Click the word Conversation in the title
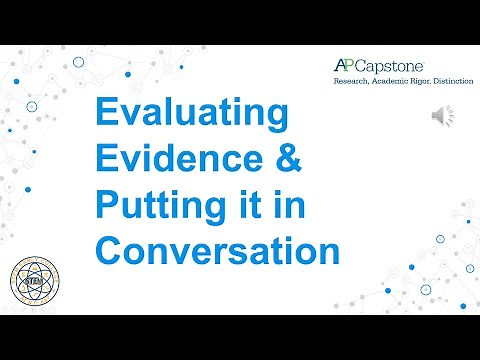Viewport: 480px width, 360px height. coord(216,250)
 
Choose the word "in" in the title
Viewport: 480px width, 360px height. coord(289,206)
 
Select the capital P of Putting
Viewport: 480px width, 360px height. coord(105,207)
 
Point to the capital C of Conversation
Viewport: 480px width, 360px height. coord(107,250)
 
